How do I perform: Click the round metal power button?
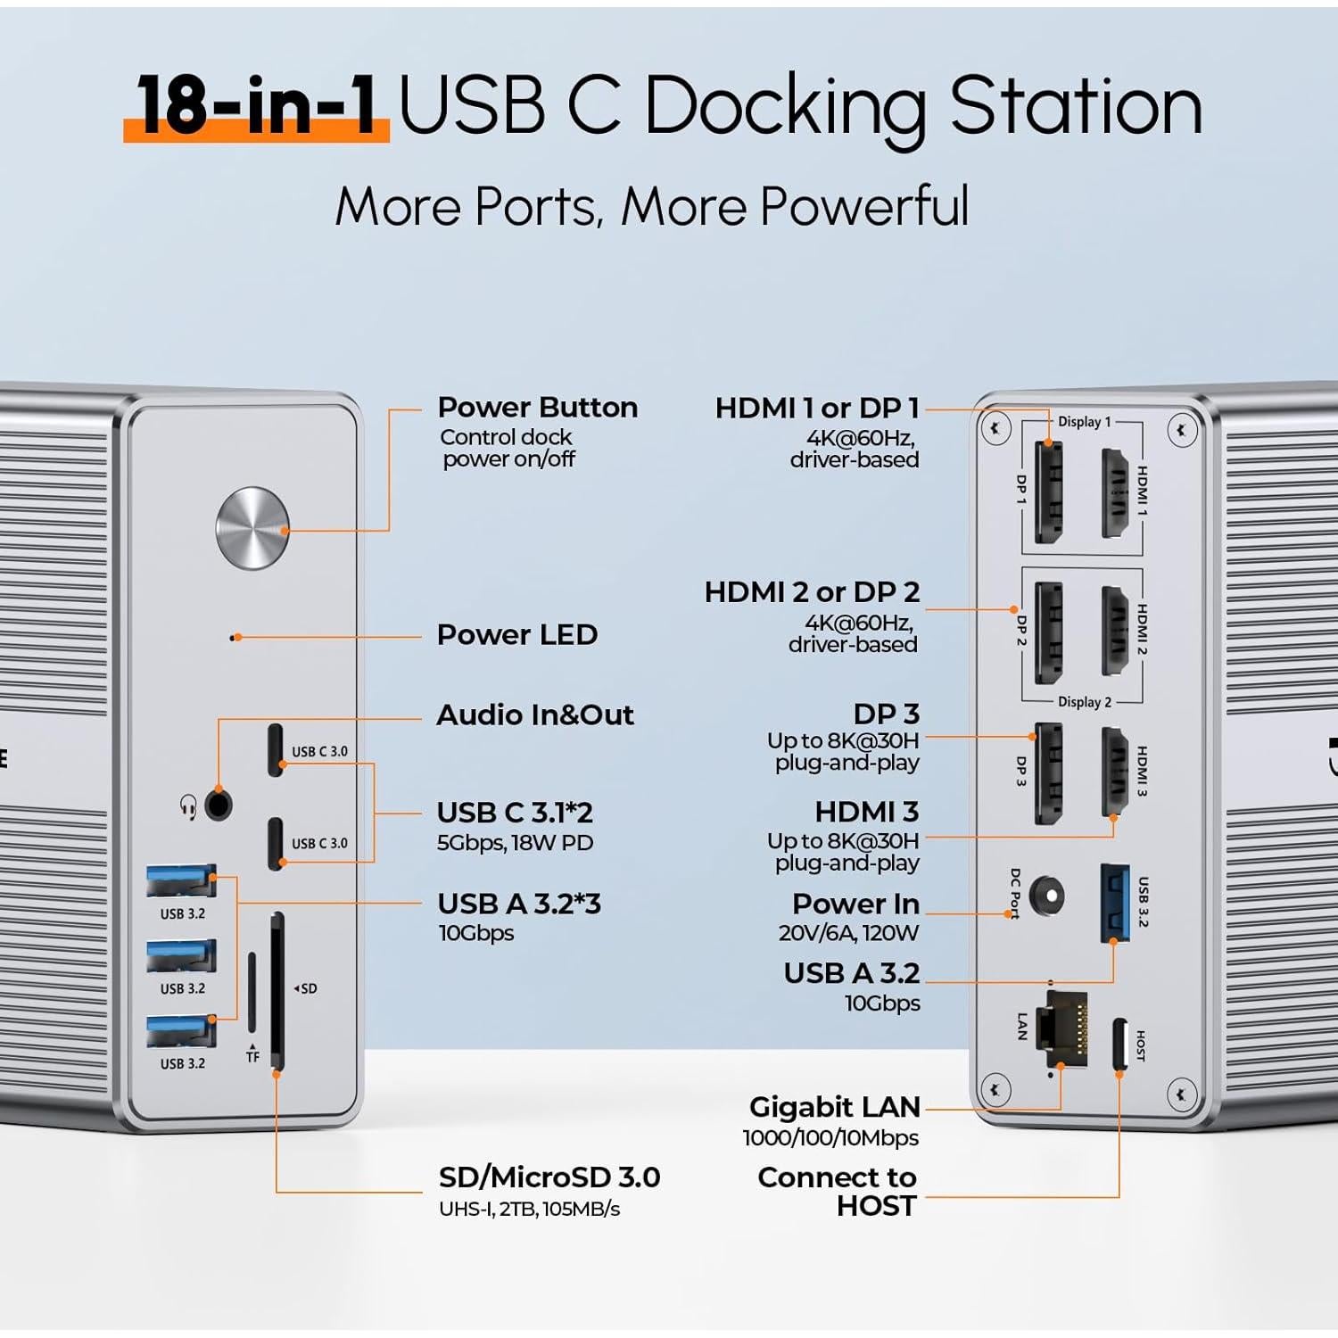click(252, 527)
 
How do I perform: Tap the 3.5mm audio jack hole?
click(218, 805)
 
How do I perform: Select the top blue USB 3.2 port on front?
click(181, 881)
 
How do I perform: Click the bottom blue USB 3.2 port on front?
click(181, 1032)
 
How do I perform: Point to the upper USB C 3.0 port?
click(276, 750)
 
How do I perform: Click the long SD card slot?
click(277, 990)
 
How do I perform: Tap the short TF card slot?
click(252, 991)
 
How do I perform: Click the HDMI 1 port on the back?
click(1116, 493)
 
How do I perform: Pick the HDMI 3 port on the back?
click(1115, 772)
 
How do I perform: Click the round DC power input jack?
click(1045, 895)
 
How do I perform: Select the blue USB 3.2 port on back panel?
click(1115, 903)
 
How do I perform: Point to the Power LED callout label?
click(516, 635)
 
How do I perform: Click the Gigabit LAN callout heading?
click(834, 1107)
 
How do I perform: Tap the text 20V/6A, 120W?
click(848, 933)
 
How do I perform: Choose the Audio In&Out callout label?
click(534, 715)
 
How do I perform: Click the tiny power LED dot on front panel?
click(235, 638)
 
